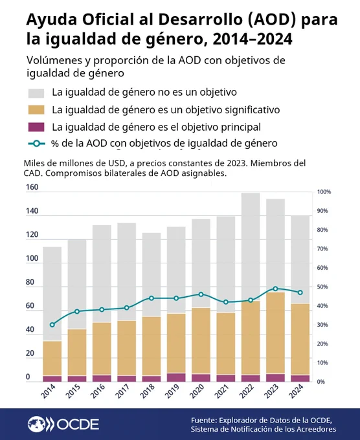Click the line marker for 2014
click(x=52, y=325)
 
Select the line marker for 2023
click(x=275, y=289)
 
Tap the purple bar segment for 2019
click(x=176, y=377)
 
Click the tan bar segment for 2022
click(x=251, y=338)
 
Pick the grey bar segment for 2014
click(x=52, y=294)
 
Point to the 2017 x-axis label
click(x=122, y=391)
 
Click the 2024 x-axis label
click(x=296, y=391)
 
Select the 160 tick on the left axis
click(x=32, y=187)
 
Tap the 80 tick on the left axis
click(x=30, y=282)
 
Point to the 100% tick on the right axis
click(x=324, y=192)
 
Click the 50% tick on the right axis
click(x=322, y=287)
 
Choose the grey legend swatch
click(x=36, y=93)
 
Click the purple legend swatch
click(x=36, y=127)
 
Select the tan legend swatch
click(x=36, y=110)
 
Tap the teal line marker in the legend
click(x=36, y=144)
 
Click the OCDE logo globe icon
click(x=36, y=424)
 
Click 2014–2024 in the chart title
click(x=253, y=39)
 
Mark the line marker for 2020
click(x=201, y=294)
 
